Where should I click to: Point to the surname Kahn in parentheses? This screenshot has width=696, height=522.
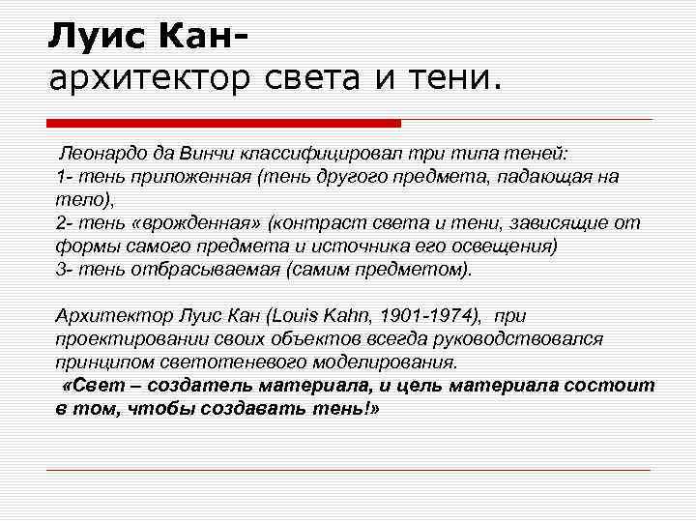point(355,315)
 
